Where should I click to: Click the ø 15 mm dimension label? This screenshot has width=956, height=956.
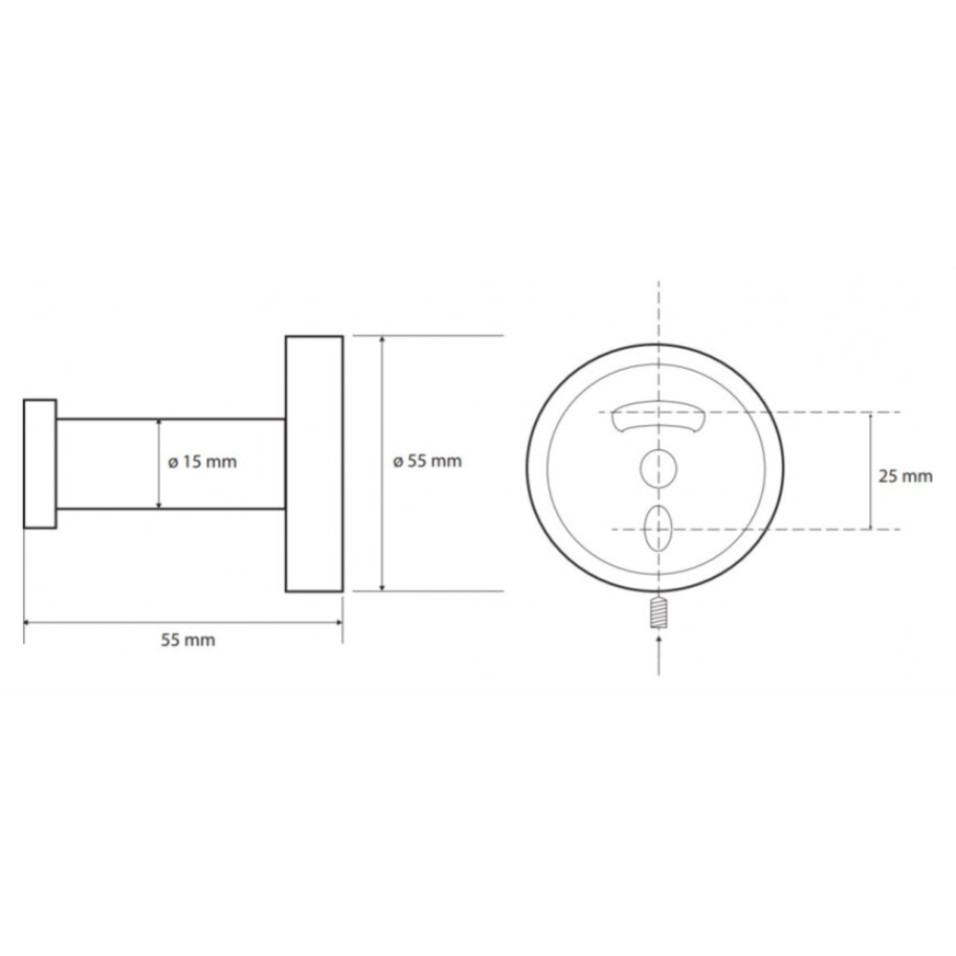203,462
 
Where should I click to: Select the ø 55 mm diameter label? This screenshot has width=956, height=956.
427,461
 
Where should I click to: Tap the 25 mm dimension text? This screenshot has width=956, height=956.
905,476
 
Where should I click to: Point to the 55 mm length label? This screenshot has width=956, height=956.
187,641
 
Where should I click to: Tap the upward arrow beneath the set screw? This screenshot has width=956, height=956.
659,655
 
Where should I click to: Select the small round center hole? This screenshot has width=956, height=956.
659,468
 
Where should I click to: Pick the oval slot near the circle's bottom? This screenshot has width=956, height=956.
659,528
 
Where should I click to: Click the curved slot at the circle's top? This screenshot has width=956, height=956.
659,417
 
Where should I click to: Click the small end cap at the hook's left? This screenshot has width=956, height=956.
40,464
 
